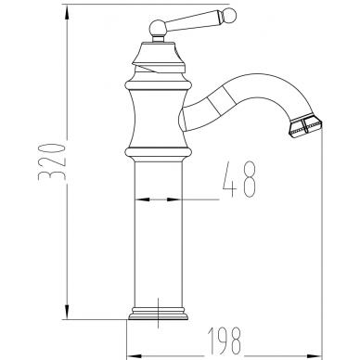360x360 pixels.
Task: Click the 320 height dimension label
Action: (x=52, y=161)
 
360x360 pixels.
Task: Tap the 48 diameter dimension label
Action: (x=239, y=179)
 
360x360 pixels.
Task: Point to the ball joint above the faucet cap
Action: (x=158, y=28)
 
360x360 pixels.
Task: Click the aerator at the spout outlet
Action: (x=305, y=126)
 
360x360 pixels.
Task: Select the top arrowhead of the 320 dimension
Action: (x=67, y=13)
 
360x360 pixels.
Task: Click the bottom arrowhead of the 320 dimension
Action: (x=67, y=312)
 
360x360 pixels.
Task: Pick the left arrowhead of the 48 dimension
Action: (x=142, y=199)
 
